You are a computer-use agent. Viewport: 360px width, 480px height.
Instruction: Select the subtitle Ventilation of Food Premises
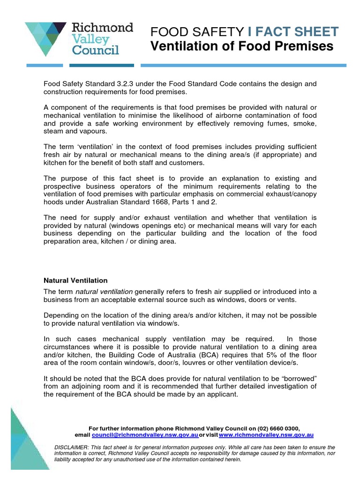click(x=241, y=46)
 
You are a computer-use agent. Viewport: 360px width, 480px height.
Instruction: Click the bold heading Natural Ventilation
click(x=75, y=280)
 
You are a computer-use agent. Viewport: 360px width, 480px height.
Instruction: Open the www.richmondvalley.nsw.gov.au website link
click(x=266, y=435)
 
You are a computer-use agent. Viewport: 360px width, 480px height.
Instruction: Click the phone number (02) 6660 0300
click(x=278, y=428)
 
